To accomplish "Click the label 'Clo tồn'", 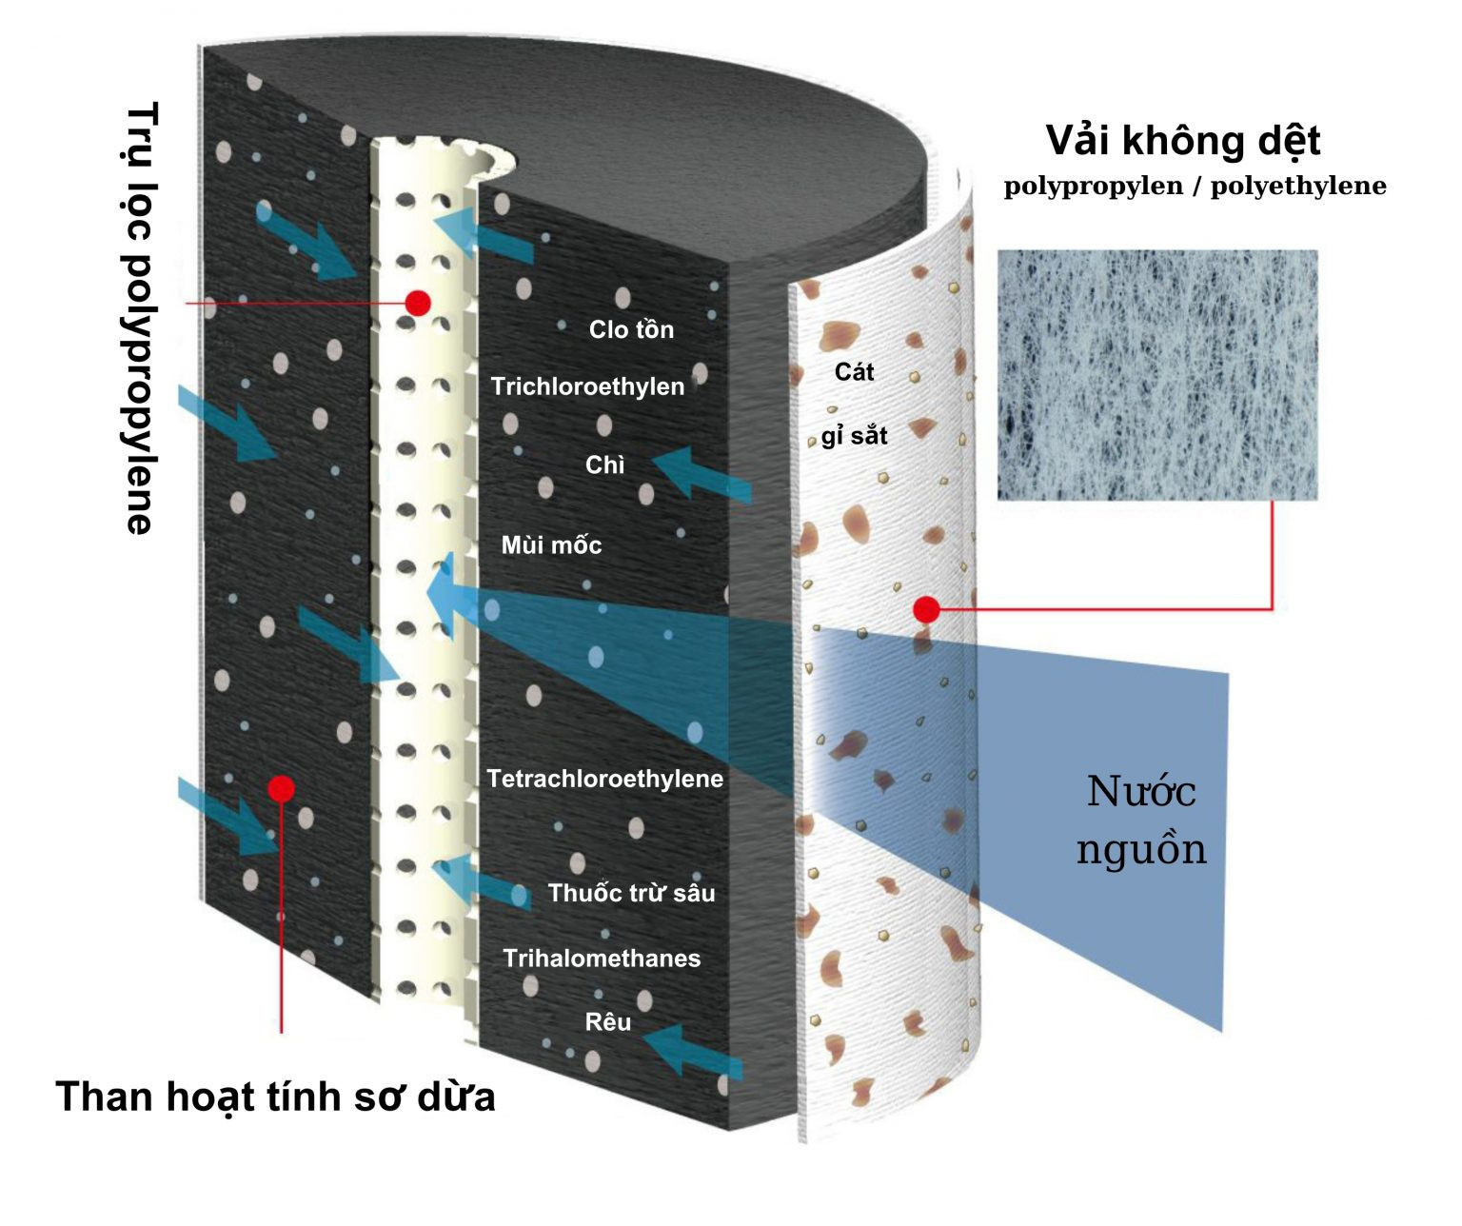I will (631, 329).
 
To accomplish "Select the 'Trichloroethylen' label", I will (587, 386).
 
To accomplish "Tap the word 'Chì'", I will (604, 465).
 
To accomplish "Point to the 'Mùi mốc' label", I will (551, 545).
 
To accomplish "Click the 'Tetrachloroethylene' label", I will (604, 779).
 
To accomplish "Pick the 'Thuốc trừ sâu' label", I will (631, 893).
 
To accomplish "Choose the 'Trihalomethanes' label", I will (602, 959).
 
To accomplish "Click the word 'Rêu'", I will (607, 1022).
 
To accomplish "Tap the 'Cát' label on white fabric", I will (854, 372).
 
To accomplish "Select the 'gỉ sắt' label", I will (854, 436).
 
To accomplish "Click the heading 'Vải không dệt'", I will (1182, 141).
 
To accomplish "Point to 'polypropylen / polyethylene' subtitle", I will (1195, 186).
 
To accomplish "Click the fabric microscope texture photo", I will (1157, 374).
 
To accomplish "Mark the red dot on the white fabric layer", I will (926, 609).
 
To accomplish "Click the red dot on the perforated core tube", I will (418, 303).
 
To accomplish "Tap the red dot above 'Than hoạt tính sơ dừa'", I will (281, 788).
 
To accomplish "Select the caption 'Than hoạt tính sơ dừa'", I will (275, 1097).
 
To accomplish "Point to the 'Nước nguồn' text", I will (1141, 820).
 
